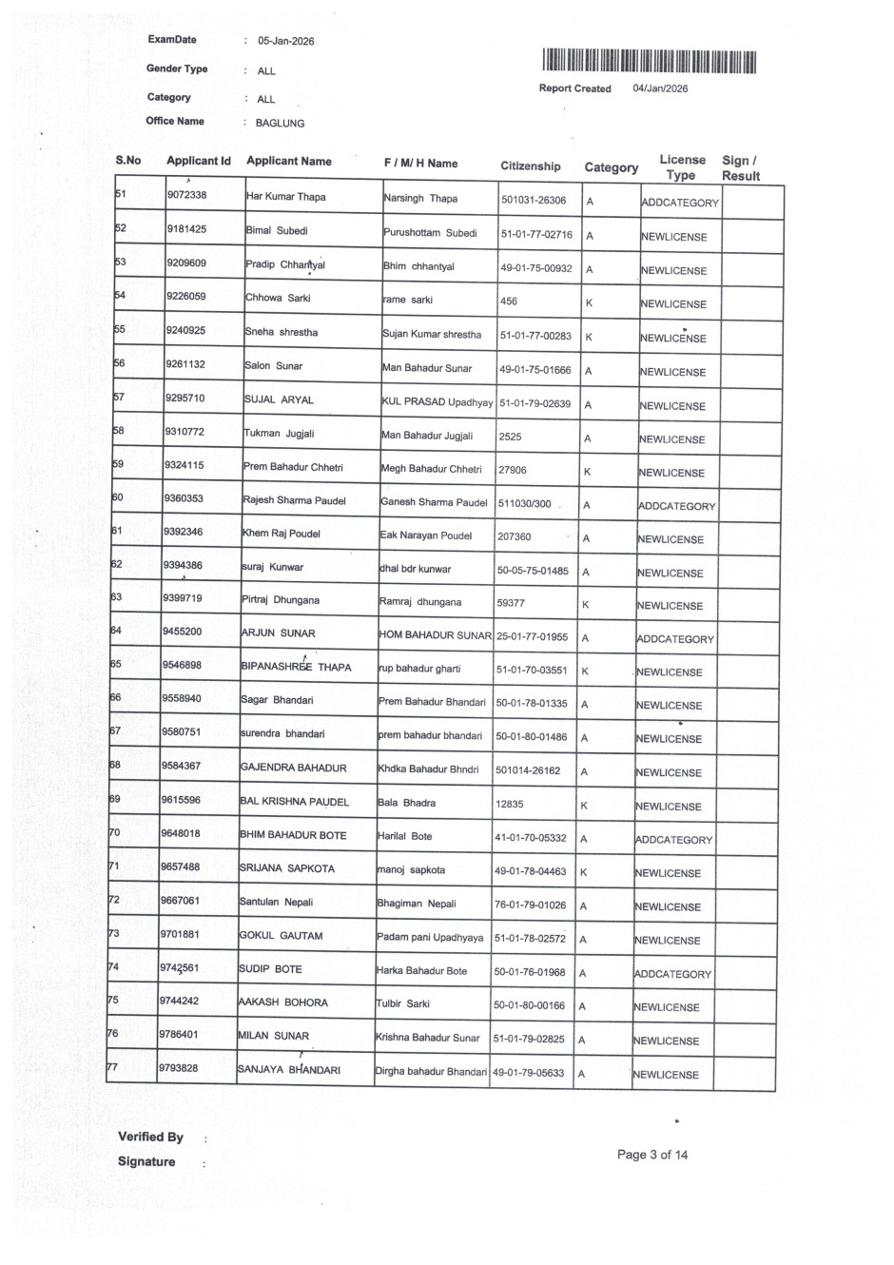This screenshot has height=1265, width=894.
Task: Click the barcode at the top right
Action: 651,62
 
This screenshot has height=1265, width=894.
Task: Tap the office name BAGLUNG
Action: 280,124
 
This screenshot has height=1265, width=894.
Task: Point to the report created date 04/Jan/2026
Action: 660,88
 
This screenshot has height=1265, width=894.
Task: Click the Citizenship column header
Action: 531,166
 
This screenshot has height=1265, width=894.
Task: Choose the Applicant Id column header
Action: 198,161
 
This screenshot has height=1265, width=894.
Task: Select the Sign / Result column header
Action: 740,168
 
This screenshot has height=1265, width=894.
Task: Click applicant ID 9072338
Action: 186,196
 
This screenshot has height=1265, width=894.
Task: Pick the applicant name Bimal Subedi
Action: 277,231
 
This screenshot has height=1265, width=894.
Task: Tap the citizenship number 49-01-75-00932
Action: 536,269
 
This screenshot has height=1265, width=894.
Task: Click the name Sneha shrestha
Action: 281,332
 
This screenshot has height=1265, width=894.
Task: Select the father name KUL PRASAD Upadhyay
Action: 437,402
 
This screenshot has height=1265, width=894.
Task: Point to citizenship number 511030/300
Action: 524,503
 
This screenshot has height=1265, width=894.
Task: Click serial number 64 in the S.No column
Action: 116,631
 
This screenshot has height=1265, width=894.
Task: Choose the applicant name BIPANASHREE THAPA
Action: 296,668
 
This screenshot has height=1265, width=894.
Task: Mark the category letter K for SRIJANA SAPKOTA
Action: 583,872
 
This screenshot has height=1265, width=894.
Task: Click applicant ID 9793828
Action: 178,1068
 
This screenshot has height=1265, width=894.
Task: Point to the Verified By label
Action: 150,1137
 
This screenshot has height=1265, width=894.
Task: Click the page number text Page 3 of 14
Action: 652,1155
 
